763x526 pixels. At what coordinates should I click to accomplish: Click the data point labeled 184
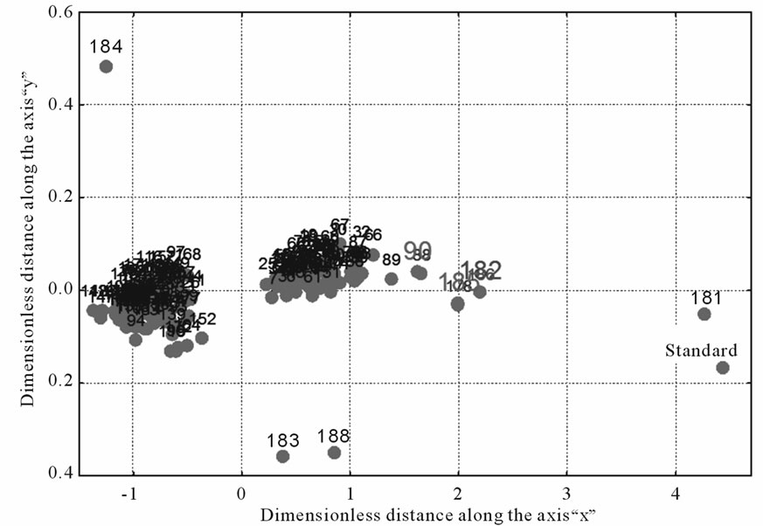click(106, 66)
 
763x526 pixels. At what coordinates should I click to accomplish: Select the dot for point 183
click(283, 456)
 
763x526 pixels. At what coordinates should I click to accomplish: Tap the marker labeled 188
click(334, 452)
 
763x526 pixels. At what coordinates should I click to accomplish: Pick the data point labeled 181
click(704, 314)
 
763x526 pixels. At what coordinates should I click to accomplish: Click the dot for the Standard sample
click(722, 368)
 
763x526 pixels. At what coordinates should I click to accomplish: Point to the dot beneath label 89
click(392, 279)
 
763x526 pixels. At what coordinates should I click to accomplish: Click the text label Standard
click(701, 350)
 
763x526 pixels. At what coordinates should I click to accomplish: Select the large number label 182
click(481, 269)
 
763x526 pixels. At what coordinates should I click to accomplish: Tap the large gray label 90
click(418, 249)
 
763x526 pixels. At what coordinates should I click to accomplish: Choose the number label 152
click(203, 319)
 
